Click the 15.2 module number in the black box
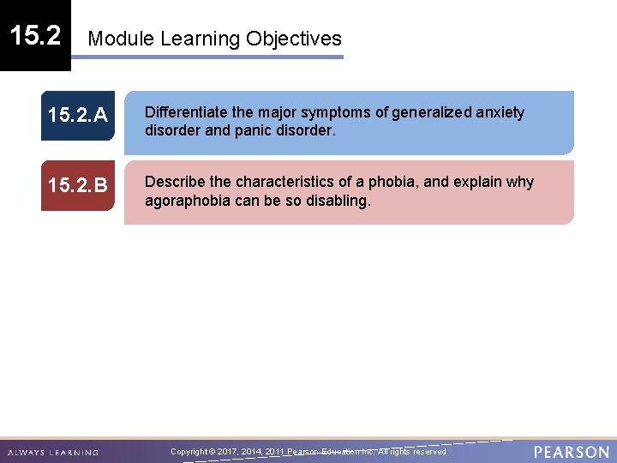34,35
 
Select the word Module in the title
121,39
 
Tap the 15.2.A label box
77,116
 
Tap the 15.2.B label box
77,185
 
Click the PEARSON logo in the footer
571,452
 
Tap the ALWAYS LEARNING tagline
53,453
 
